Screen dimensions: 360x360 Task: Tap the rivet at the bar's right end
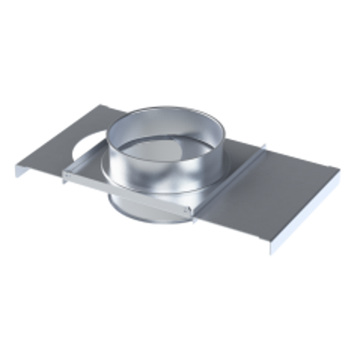[x=188, y=209]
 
